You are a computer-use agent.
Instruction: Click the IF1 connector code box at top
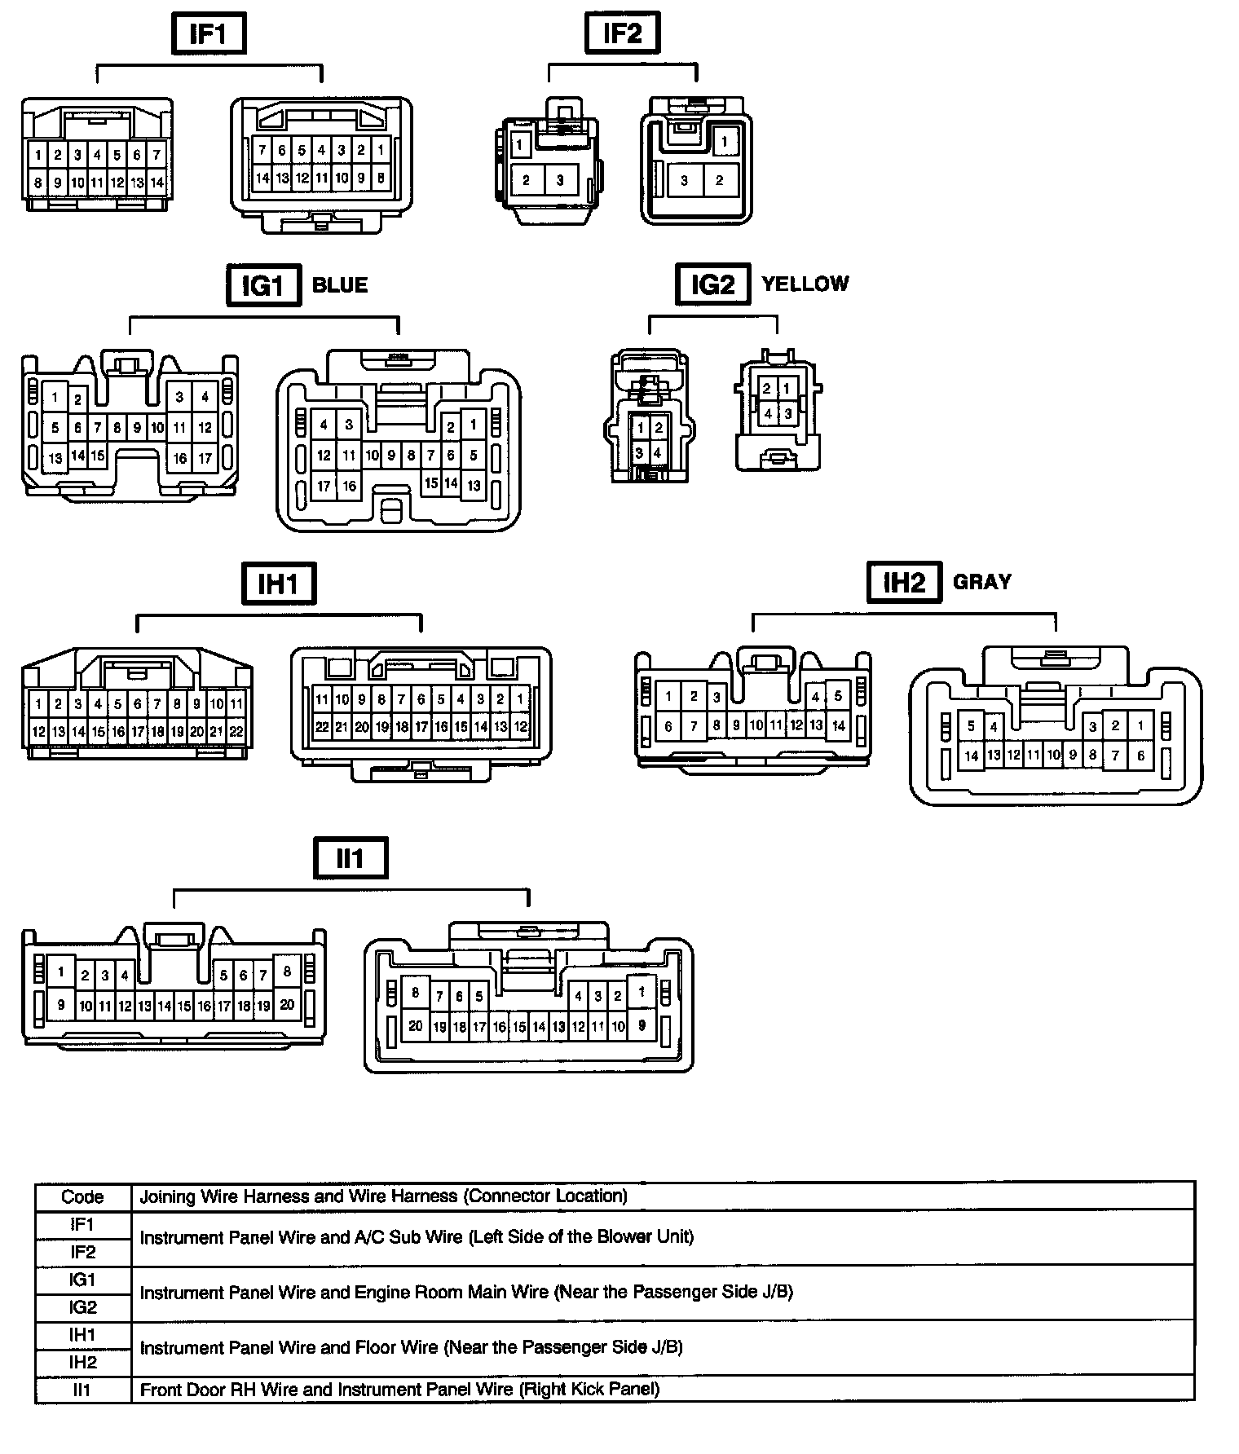click(209, 34)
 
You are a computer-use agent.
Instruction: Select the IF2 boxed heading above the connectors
click(623, 34)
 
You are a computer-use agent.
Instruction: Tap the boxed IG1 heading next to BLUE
click(263, 285)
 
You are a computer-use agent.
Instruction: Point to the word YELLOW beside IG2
click(805, 284)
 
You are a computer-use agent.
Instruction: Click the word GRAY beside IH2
click(981, 581)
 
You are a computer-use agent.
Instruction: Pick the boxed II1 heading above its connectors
click(351, 858)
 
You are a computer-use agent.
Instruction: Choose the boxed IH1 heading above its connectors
click(279, 584)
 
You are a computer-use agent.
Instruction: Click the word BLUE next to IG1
click(340, 285)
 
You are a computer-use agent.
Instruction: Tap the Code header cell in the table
click(82, 1196)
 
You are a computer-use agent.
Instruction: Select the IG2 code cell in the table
click(82, 1307)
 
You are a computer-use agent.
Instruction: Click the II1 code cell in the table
click(82, 1390)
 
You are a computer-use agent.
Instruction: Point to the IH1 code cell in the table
click(82, 1334)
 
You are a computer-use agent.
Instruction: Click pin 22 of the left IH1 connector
click(236, 732)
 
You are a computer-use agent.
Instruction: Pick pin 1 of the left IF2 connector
click(519, 146)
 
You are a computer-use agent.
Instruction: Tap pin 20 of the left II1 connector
click(287, 1005)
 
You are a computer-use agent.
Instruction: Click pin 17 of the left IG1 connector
click(205, 458)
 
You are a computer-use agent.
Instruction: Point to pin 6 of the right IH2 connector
click(1140, 756)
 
